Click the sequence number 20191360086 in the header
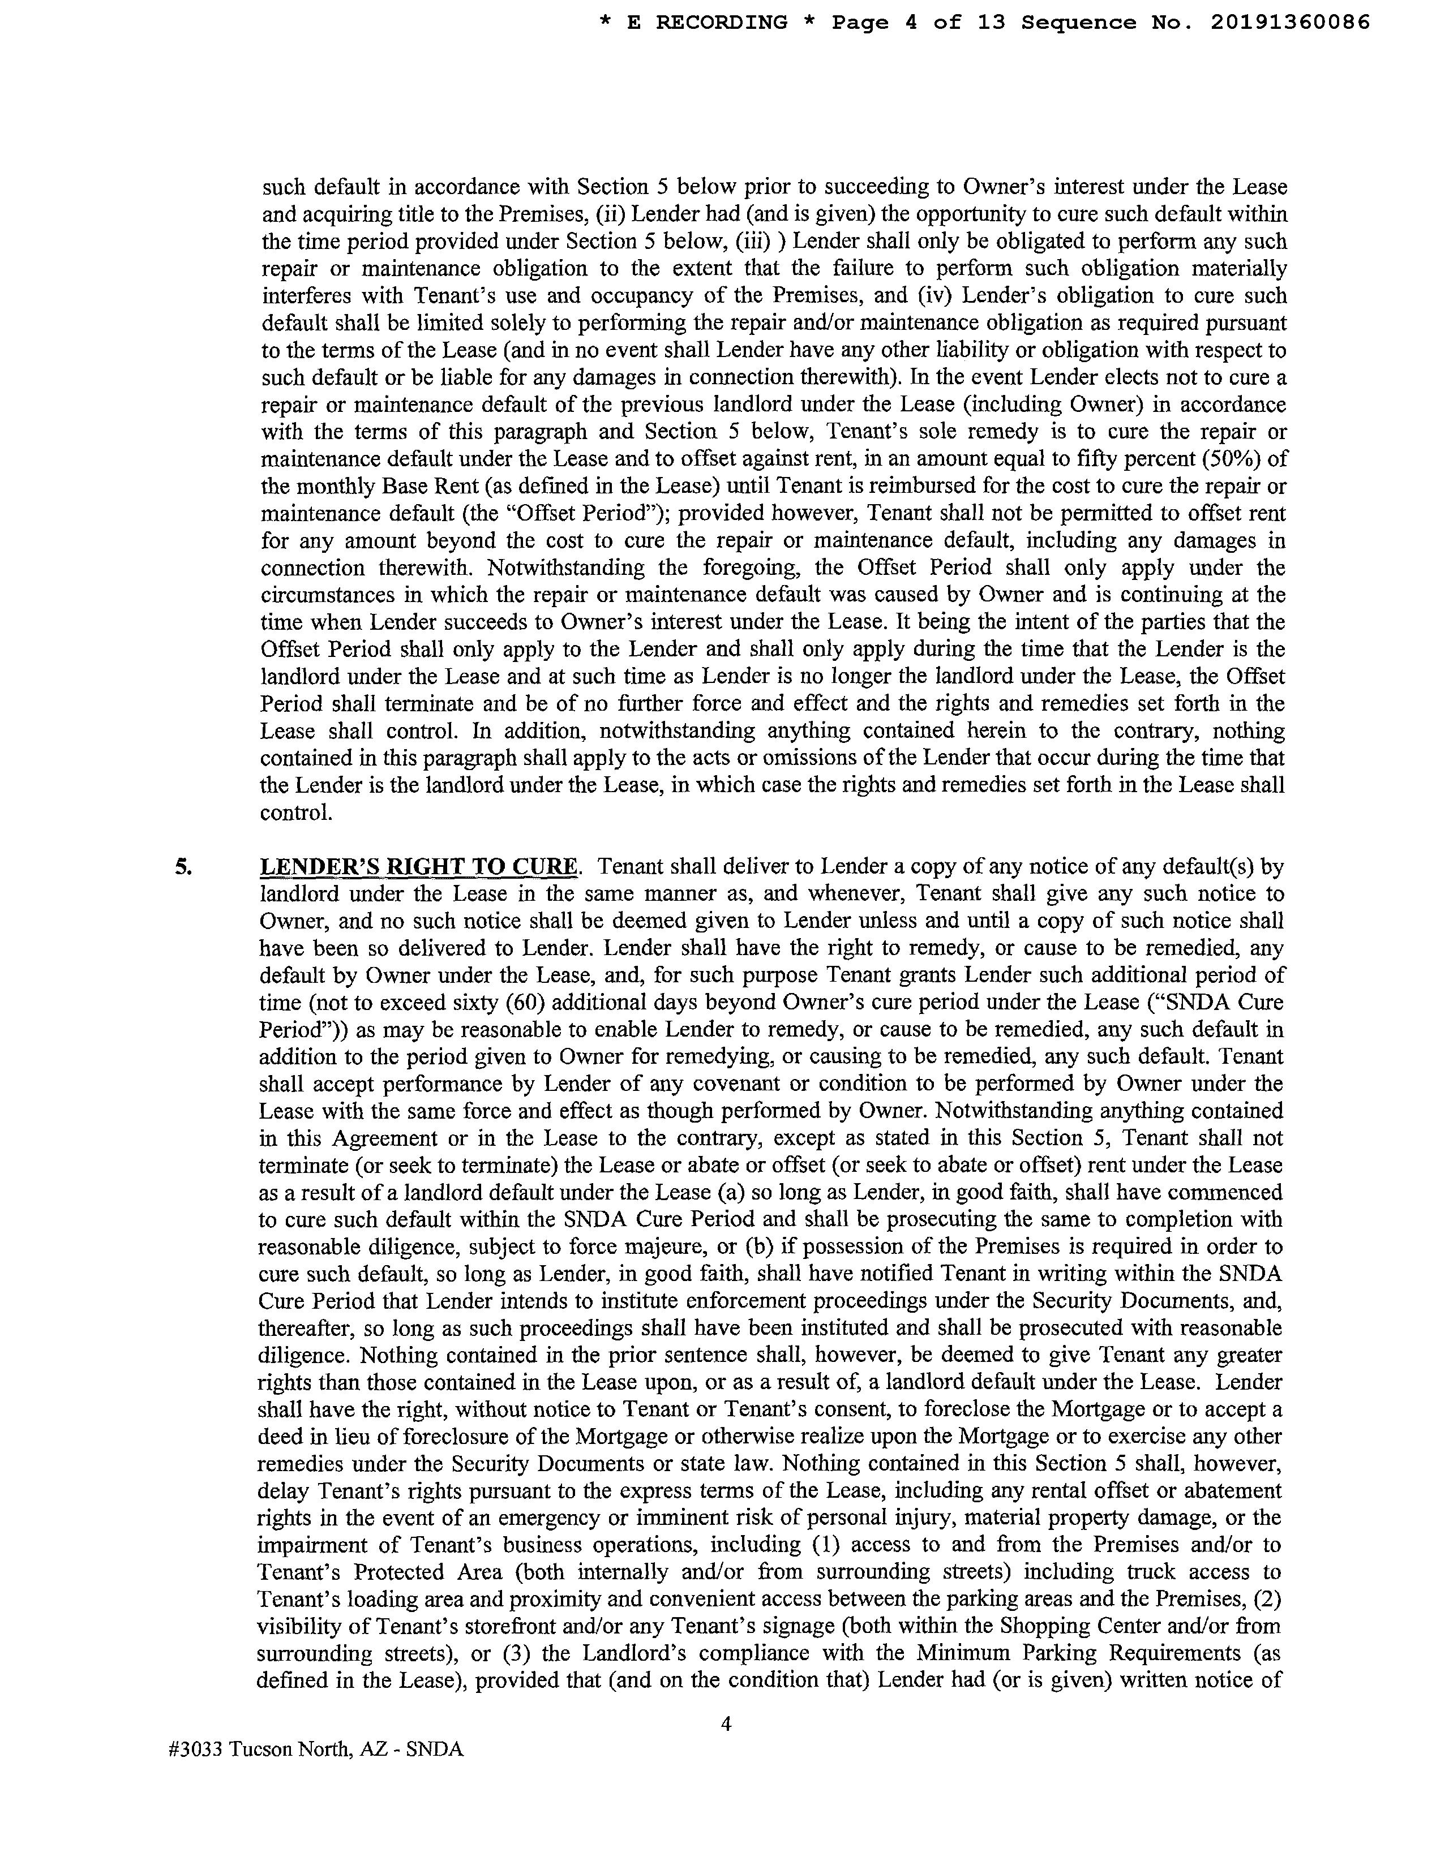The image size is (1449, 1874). pos(1290,22)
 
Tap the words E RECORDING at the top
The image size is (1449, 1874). pos(708,22)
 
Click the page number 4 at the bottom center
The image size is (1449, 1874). pos(726,1723)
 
